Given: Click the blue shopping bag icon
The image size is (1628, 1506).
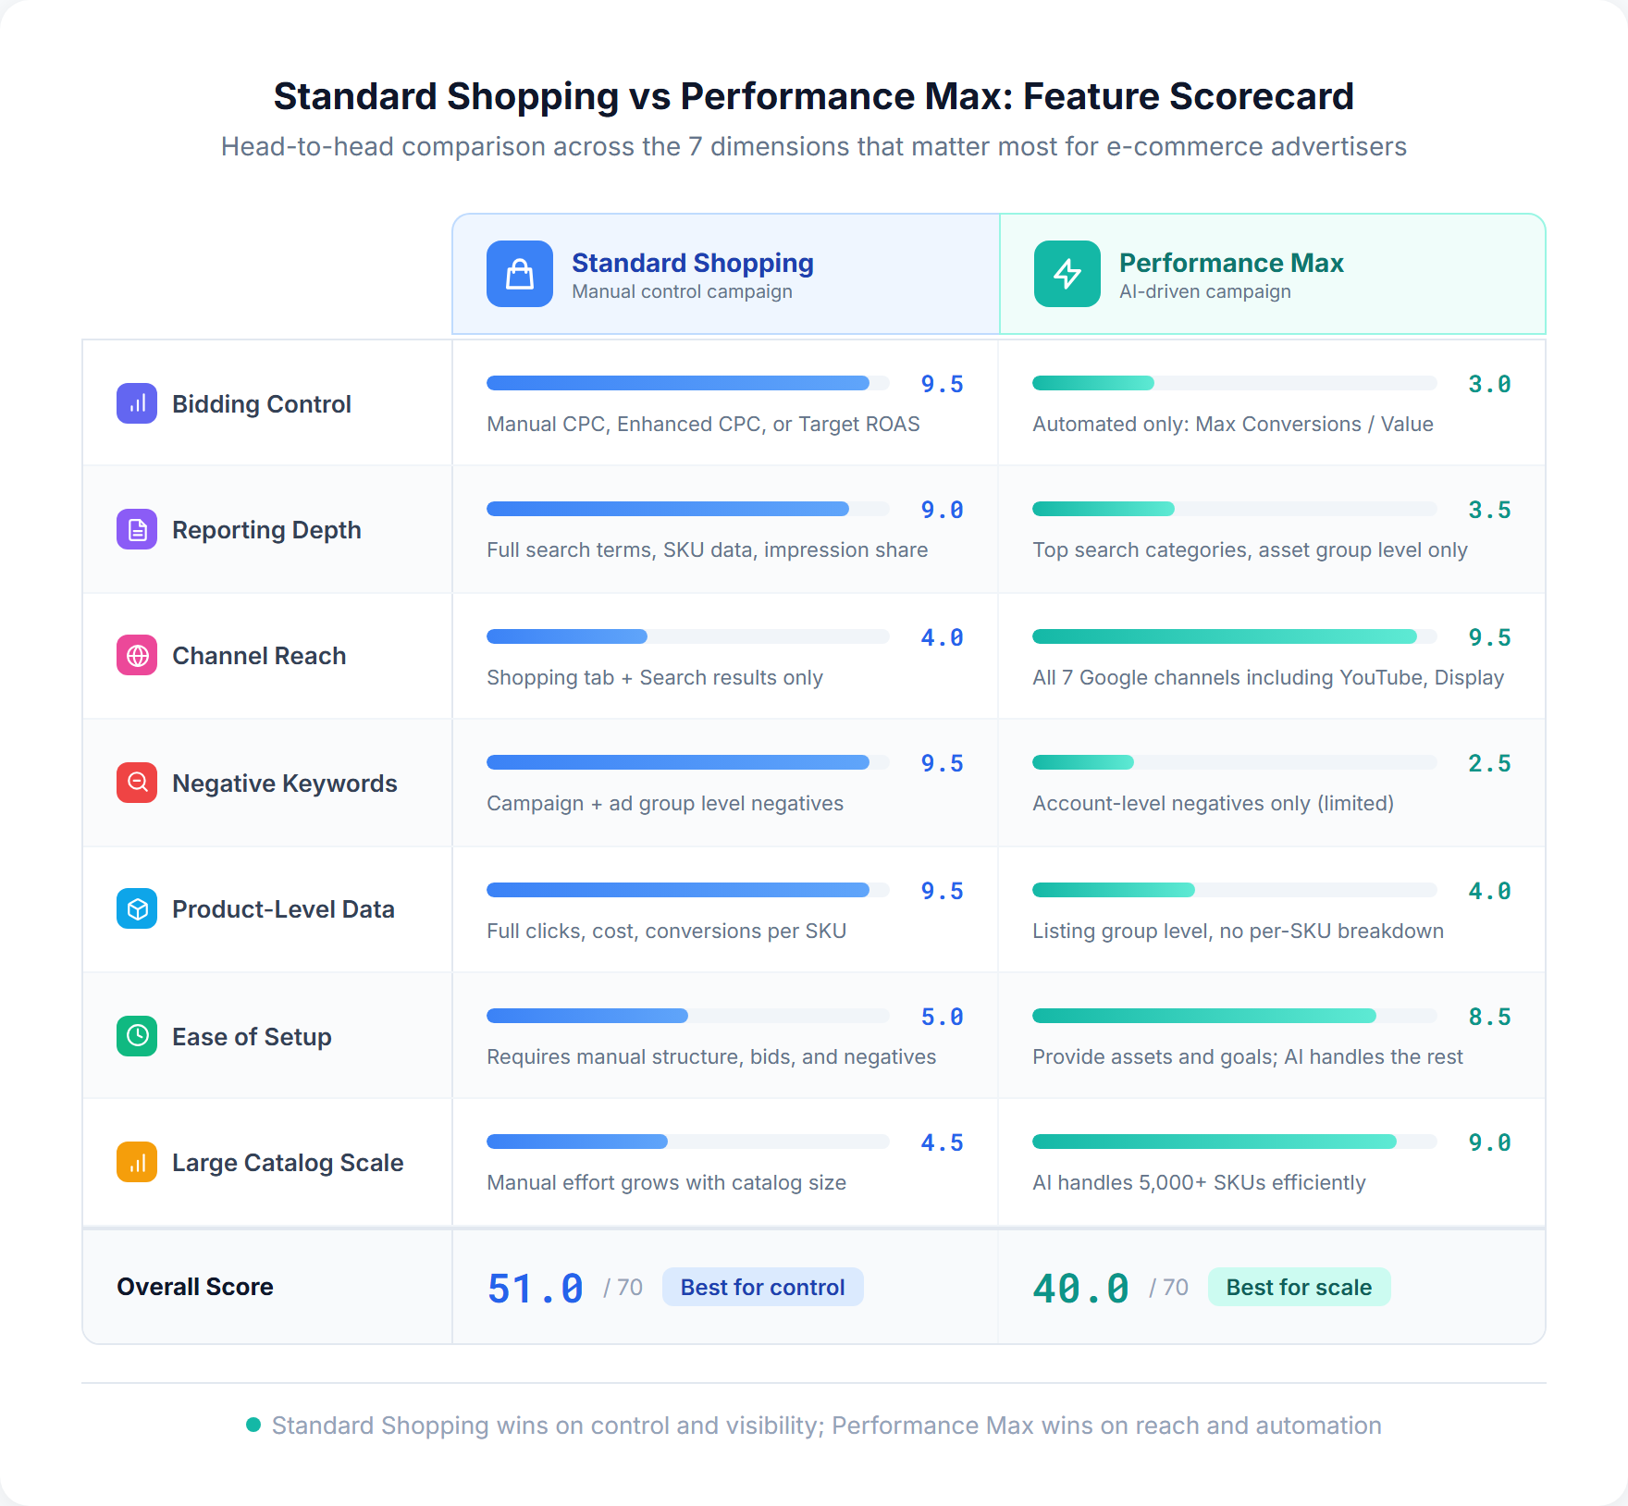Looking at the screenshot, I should [x=520, y=274].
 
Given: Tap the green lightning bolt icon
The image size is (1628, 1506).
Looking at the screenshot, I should [x=1067, y=274].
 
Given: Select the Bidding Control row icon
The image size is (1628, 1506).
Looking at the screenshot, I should [x=137, y=403].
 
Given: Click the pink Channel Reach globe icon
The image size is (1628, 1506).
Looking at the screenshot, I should [x=137, y=656].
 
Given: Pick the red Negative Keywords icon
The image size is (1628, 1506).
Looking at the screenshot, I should [x=137, y=783].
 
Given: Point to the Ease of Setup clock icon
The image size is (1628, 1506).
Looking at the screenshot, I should [x=137, y=1036].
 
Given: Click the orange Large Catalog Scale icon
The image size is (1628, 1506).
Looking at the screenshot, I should [x=137, y=1162].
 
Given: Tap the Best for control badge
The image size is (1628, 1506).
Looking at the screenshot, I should [x=762, y=1287].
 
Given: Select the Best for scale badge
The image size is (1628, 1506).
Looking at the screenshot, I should [x=1299, y=1287].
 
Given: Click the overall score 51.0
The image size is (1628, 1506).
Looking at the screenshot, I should [x=536, y=1288].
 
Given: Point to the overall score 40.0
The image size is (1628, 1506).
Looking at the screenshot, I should [x=1080, y=1288].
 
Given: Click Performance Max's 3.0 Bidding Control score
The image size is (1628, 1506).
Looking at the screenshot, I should [x=1489, y=384].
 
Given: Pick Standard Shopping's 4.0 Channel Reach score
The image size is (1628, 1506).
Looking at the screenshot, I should [x=942, y=637].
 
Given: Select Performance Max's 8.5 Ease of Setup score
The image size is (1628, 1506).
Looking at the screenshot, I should [x=1489, y=1017].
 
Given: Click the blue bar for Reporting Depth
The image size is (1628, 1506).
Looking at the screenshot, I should [x=668, y=509].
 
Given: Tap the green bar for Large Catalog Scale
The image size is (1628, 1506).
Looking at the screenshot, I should [x=1214, y=1142].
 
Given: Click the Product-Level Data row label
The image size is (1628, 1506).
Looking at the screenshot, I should [x=283, y=909].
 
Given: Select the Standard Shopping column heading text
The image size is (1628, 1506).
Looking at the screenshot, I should [x=693, y=263].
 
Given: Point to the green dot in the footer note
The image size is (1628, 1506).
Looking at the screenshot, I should [x=253, y=1425].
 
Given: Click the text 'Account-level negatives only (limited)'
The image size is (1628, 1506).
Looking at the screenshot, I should [x=1213, y=803].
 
